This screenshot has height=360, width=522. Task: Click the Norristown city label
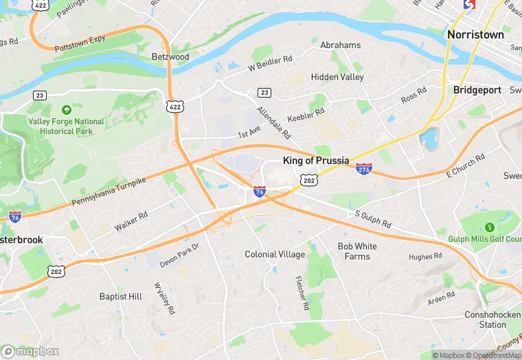tap(475, 34)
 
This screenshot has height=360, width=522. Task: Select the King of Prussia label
tap(316, 161)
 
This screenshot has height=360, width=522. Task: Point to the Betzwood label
tap(170, 56)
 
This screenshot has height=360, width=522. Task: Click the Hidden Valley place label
tap(337, 77)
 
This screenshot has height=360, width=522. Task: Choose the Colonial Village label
tap(275, 254)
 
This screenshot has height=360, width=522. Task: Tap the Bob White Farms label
tap(357, 251)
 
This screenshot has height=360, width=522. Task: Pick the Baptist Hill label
tap(121, 296)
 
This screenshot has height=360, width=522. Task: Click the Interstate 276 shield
tap(365, 169)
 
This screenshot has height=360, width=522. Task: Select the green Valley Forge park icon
tap(66, 109)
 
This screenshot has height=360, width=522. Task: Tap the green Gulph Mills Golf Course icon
tap(490, 227)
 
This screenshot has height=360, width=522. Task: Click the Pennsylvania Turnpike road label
tap(109, 192)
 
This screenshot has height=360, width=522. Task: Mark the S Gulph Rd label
tap(373, 220)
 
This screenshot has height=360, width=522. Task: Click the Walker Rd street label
tap(131, 221)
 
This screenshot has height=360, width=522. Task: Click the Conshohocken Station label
tap(492, 319)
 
